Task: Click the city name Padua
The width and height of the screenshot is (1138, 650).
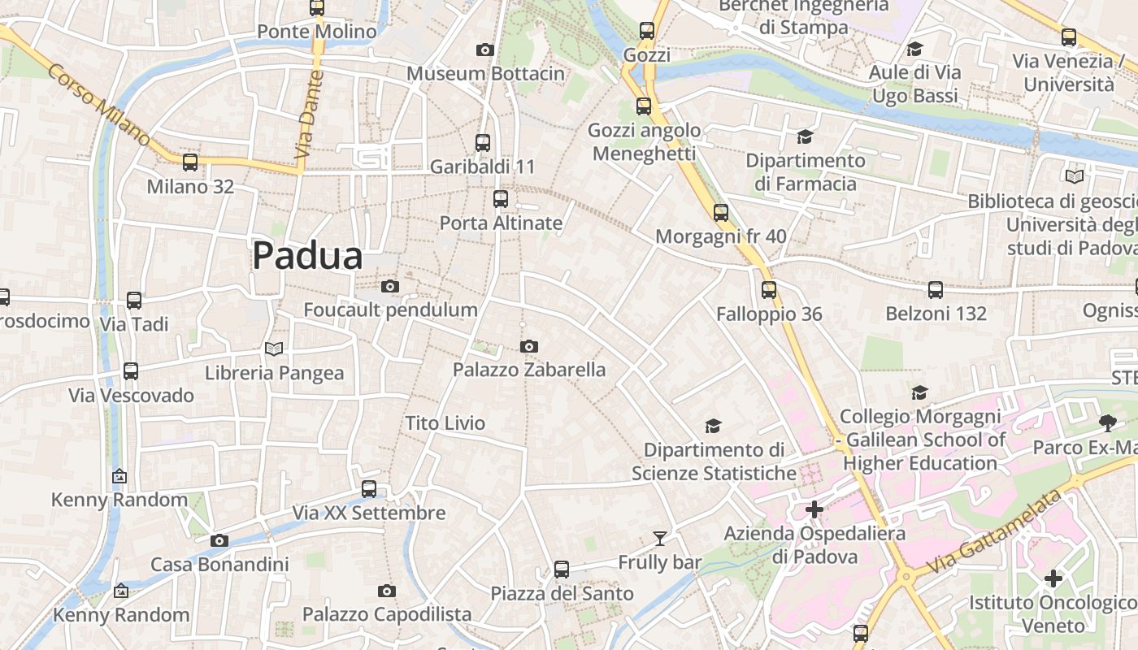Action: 307,255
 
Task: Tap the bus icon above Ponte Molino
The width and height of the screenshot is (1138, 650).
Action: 317,8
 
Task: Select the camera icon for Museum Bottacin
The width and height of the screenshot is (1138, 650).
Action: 484,50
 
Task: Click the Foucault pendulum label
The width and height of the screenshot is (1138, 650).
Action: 390,310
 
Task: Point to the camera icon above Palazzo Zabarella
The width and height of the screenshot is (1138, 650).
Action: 528,347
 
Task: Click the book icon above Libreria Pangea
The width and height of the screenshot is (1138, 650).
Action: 275,349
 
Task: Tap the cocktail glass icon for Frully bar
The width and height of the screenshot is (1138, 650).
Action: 659,539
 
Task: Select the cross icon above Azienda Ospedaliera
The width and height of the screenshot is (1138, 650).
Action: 814,510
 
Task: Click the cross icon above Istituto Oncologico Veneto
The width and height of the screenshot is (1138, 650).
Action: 1053,578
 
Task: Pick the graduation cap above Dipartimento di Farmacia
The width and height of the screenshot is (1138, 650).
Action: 805,136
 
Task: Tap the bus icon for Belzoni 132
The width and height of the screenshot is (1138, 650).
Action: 936,289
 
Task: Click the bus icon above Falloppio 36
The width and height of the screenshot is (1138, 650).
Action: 769,290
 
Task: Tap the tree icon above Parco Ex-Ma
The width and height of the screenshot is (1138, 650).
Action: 1106,422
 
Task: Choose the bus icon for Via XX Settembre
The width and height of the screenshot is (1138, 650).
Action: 369,489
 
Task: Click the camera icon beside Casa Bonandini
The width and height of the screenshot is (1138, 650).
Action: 219,541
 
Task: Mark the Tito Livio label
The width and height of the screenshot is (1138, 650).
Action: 445,423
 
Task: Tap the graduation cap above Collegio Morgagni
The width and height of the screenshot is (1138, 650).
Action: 919,393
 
